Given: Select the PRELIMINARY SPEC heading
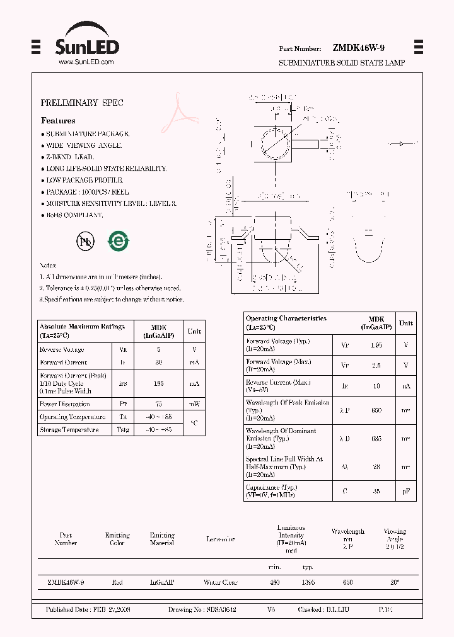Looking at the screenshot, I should [x=82, y=103].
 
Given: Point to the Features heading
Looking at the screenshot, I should [x=58, y=120].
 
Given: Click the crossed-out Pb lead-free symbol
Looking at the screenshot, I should [x=85, y=241].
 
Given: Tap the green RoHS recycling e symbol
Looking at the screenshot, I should [x=118, y=241].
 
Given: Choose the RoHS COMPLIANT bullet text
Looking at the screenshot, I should [x=74, y=215].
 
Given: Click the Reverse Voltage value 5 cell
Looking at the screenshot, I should [x=159, y=349].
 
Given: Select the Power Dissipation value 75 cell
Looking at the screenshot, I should [x=159, y=403].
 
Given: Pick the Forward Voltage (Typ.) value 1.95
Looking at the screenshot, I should [x=377, y=345].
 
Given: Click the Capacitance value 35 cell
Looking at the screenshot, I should [x=377, y=491].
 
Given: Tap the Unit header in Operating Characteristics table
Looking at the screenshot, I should [x=406, y=323].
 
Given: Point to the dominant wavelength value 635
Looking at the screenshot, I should [x=377, y=438].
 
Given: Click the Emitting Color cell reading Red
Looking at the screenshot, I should [x=117, y=583].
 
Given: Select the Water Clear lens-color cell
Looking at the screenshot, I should [x=220, y=583].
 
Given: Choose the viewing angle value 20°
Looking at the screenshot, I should [x=395, y=583].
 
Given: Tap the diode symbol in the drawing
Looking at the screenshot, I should [x=400, y=144].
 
